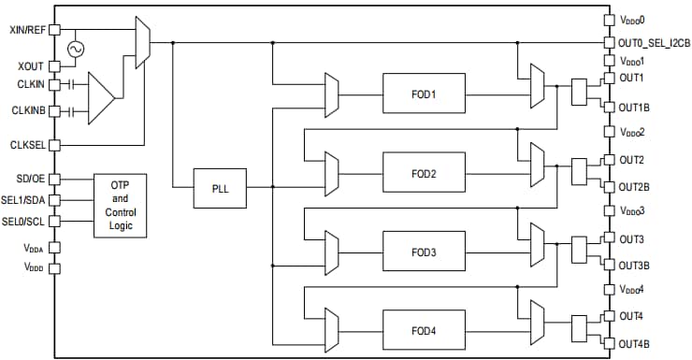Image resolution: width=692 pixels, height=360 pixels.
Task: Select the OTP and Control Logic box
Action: tap(120, 203)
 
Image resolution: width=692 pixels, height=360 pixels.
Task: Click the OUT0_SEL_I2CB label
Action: tap(654, 42)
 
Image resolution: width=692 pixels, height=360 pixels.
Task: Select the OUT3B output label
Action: tap(633, 266)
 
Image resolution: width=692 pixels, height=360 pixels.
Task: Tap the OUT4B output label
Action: tap(633, 344)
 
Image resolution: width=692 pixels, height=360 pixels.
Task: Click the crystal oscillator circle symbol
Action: tap(73, 50)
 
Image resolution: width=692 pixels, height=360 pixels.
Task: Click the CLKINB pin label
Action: tap(27, 111)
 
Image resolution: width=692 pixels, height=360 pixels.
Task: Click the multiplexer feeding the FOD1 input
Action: tap(330, 94)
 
